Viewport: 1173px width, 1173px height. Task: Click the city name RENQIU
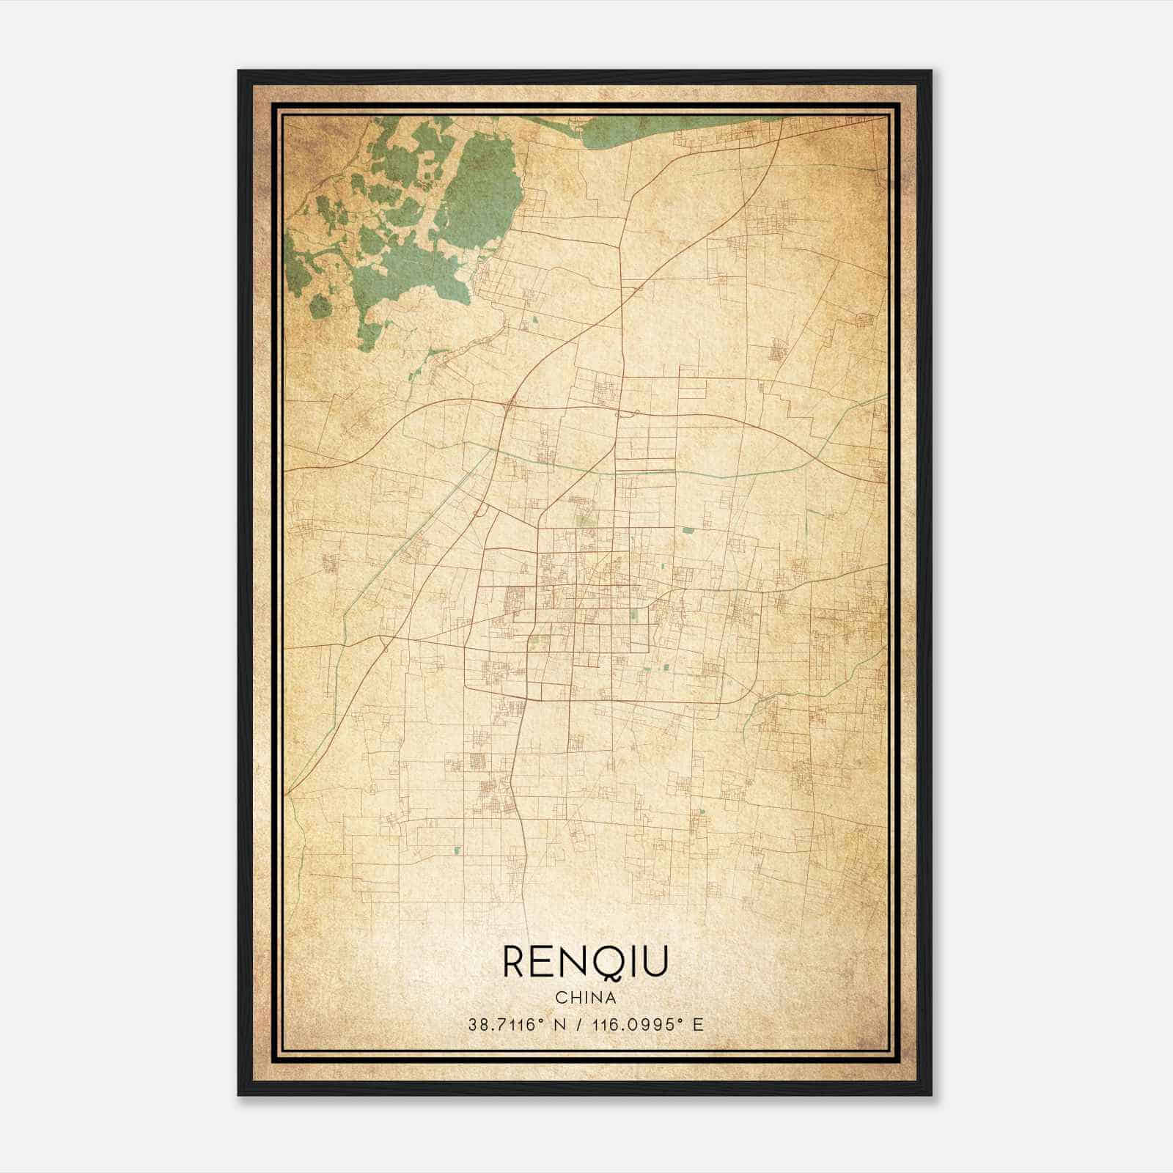click(585, 962)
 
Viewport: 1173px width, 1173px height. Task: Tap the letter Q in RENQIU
click(617, 963)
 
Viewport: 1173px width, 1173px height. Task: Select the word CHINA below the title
click(585, 998)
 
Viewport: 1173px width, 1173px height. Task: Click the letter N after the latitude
click(559, 1025)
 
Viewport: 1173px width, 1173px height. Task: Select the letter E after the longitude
click(698, 1025)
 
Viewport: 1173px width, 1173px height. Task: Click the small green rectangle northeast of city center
click(687, 529)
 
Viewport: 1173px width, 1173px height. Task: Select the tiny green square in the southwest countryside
click(457, 850)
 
